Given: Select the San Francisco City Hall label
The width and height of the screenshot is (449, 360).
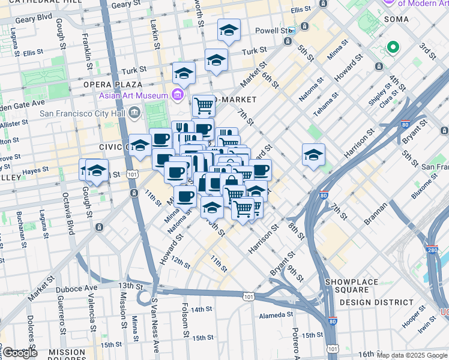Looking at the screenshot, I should [x=83, y=112].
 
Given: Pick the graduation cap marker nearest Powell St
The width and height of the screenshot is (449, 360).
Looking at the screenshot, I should [x=229, y=31].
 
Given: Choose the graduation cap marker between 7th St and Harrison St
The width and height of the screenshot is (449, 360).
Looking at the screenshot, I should [x=313, y=155].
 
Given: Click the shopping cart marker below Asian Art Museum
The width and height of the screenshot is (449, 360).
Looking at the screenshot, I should [x=203, y=106].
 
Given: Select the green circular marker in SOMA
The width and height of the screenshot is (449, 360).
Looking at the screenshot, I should [x=393, y=47].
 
